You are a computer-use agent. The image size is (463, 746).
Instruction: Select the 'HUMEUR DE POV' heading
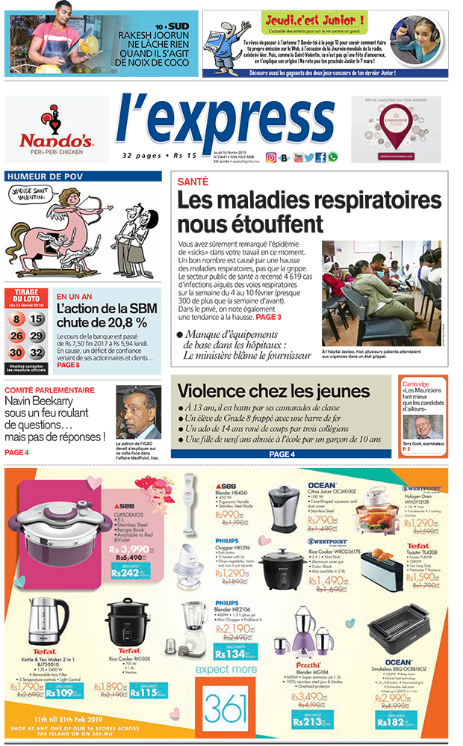(x=43, y=176)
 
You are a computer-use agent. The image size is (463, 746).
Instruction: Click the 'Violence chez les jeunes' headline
(x=273, y=391)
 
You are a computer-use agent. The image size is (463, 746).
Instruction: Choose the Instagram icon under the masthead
(x=272, y=157)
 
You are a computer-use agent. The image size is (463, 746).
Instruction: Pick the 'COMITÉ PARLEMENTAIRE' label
(x=50, y=390)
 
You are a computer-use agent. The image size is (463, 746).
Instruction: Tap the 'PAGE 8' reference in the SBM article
(x=69, y=365)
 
